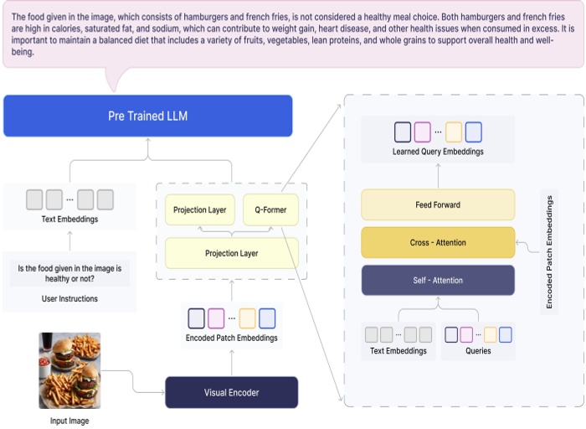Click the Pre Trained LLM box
147,116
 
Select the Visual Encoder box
231,392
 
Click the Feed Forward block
438,204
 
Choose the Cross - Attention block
438,243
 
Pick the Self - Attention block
438,280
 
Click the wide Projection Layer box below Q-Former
231,253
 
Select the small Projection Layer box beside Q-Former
200,209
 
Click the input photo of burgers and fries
69,370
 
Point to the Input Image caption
69,421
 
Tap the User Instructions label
69,298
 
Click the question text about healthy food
69,274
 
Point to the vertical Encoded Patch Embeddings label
550,252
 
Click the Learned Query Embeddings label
438,152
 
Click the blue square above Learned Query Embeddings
474,132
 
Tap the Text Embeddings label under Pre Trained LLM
69,220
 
